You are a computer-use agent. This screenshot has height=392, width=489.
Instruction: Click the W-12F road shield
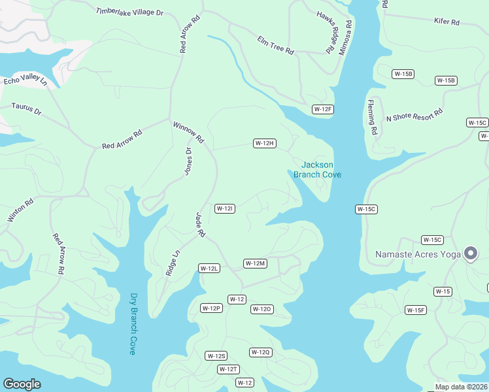tap(323, 109)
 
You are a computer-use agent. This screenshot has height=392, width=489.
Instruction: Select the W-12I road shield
tap(224, 208)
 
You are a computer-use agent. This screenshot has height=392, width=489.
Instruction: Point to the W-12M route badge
tap(255, 263)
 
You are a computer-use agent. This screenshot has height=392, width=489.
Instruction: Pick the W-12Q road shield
tap(260, 352)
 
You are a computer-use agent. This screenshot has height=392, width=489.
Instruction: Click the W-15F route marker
tap(415, 310)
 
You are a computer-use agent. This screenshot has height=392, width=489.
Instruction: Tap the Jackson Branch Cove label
tap(317, 169)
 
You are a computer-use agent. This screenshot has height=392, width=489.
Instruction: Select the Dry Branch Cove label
tap(133, 323)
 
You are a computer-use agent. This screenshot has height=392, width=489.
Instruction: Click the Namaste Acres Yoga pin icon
tap(470, 253)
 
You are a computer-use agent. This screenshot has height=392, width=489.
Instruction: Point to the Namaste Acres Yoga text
tap(418, 253)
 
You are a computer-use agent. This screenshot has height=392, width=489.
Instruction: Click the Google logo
tap(22, 384)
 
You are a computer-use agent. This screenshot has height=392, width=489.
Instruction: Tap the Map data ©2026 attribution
tap(461, 387)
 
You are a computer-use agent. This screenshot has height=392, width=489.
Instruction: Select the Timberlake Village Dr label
tap(129, 13)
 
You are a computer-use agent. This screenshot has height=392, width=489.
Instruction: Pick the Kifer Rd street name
tap(447, 22)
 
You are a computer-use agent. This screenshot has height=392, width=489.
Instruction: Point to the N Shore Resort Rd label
tap(414, 115)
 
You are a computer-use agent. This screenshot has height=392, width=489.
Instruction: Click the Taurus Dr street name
tap(26, 108)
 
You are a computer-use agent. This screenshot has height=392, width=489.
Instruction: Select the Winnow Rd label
tap(188, 132)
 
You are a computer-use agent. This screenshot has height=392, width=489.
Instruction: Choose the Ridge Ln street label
tap(172, 261)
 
